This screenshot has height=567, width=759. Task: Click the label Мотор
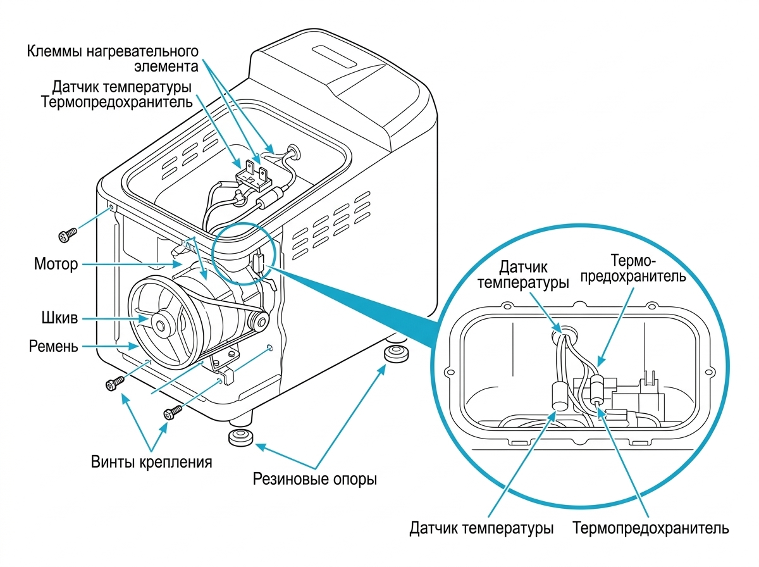(56, 265)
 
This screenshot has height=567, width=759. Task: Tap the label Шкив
(60, 318)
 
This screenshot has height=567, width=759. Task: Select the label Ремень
(54, 346)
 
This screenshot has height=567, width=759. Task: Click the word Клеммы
(54, 52)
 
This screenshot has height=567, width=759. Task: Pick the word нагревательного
(142, 52)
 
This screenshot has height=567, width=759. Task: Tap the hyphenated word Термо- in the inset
(632, 261)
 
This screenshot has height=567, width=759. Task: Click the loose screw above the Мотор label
(68, 235)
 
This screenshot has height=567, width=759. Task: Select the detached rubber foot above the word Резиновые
(241, 437)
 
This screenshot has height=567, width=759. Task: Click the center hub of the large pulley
(160, 325)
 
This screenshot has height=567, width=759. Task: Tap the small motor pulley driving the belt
(259, 321)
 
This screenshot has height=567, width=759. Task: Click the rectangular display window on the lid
(335, 57)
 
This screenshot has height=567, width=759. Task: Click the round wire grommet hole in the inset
(564, 335)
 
